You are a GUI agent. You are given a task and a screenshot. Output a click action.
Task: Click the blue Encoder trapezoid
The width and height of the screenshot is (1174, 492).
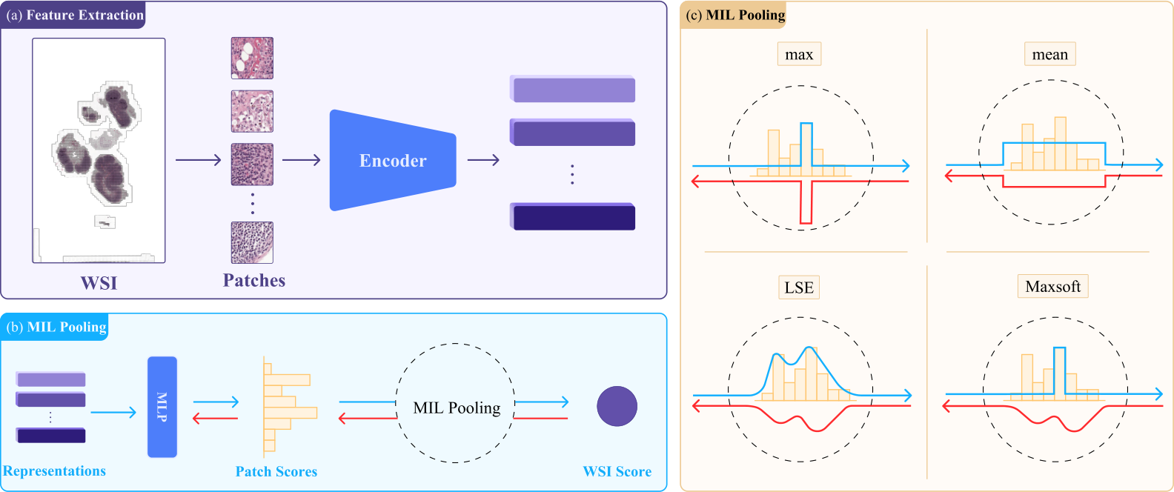pyautogui.click(x=393, y=160)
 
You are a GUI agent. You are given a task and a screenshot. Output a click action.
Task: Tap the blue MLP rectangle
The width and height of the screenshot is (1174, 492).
pyautogui.click(x=162, y=407)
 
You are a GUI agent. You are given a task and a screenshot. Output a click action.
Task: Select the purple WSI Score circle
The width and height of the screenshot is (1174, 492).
pyautogui.click(x=617, y=406)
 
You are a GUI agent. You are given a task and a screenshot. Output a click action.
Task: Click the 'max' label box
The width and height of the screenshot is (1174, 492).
pyautogui.click(x=799, y=54)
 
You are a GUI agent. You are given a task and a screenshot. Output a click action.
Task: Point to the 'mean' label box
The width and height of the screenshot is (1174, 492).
pyautogui.click(x=1049, y=54)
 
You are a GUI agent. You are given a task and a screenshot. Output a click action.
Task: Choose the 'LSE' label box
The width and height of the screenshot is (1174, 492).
pyautogui.click(x=799, y=287)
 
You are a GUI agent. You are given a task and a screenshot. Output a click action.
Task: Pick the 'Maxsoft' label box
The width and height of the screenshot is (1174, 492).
pyautogui.click(x=1052, y=286)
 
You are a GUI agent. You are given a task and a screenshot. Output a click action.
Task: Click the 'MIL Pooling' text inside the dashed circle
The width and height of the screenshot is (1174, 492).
pyautogui.click(x=457, y=408)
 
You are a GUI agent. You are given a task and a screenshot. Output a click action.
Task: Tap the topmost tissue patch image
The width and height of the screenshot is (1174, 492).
pyautogui.click(x=252, y=58)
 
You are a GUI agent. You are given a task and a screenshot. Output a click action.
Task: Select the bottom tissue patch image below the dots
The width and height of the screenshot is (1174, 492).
pyautogui.click(x=252, y=242)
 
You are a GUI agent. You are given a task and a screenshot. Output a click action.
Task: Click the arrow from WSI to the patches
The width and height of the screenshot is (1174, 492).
pyautogui.click(x=198, y=160)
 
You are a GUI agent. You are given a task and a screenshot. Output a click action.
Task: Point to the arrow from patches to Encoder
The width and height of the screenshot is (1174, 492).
pyautogui.click(x=302, y=160)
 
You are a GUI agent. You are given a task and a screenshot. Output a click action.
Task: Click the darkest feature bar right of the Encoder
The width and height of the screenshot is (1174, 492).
pyautogui.click(x=572, y=216)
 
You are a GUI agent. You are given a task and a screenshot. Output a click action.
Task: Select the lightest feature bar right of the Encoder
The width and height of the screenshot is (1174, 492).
pyautogui.click(x=572, y=89)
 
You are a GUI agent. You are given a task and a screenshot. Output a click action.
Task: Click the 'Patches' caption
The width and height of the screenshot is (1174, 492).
pyautogui.click(x=254, y=280)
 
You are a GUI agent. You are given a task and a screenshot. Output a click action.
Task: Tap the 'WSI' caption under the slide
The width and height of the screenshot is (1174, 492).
pyautogui.click(x=99, y=283)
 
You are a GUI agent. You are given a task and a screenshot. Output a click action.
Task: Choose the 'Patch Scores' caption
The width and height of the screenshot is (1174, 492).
pyautogui.click(x=276, y=471)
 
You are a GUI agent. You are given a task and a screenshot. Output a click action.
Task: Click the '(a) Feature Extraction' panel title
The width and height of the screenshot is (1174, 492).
pyautogui.click(x=74, y=15)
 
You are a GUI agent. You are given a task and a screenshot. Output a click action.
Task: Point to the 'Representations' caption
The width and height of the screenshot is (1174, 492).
pyautogui.click(x=54, y=471)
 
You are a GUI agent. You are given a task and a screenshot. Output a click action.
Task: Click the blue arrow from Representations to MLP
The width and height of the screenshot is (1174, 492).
pyautogui.click(x=113, y=413)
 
